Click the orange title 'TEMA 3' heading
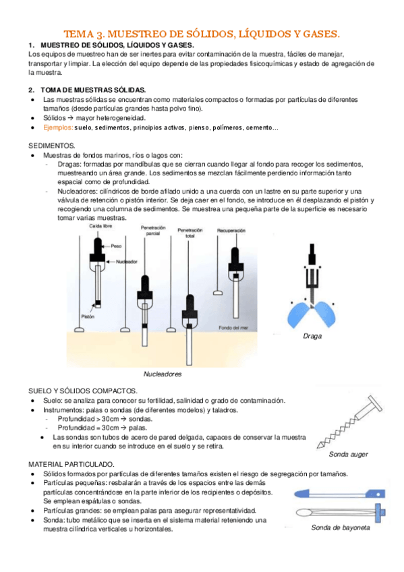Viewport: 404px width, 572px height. tap(202, 34)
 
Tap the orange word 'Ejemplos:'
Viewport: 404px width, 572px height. tap(58, 127)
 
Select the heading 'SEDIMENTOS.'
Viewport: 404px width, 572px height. tap(52, 146)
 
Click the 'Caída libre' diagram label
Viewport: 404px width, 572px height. tap(100, 226)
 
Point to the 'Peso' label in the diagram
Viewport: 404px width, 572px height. tap(116, 246)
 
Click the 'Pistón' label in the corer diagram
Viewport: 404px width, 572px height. tap(88, 316)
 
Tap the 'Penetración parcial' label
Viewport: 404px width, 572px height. tap(153, 231)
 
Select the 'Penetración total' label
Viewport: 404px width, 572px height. tap(190, 233)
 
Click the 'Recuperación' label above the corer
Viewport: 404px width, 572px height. tap(231, 231)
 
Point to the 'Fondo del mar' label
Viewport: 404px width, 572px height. tap(233, 328)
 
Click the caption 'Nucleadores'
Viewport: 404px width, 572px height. tap(163, 374)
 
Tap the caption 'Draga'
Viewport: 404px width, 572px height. tap(312, 336)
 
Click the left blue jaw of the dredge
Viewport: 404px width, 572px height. tap(298, 314)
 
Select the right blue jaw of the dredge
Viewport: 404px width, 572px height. tap(325, 314)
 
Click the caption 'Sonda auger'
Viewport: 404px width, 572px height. tap(348, 454)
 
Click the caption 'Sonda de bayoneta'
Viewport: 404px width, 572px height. tap(341, 527)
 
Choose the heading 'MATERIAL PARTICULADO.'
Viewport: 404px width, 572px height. tap(71, 464)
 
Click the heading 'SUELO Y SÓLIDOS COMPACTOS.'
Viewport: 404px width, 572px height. tap(83, 391)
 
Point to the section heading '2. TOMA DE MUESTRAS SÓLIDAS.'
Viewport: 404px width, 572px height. tap(87, 90)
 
